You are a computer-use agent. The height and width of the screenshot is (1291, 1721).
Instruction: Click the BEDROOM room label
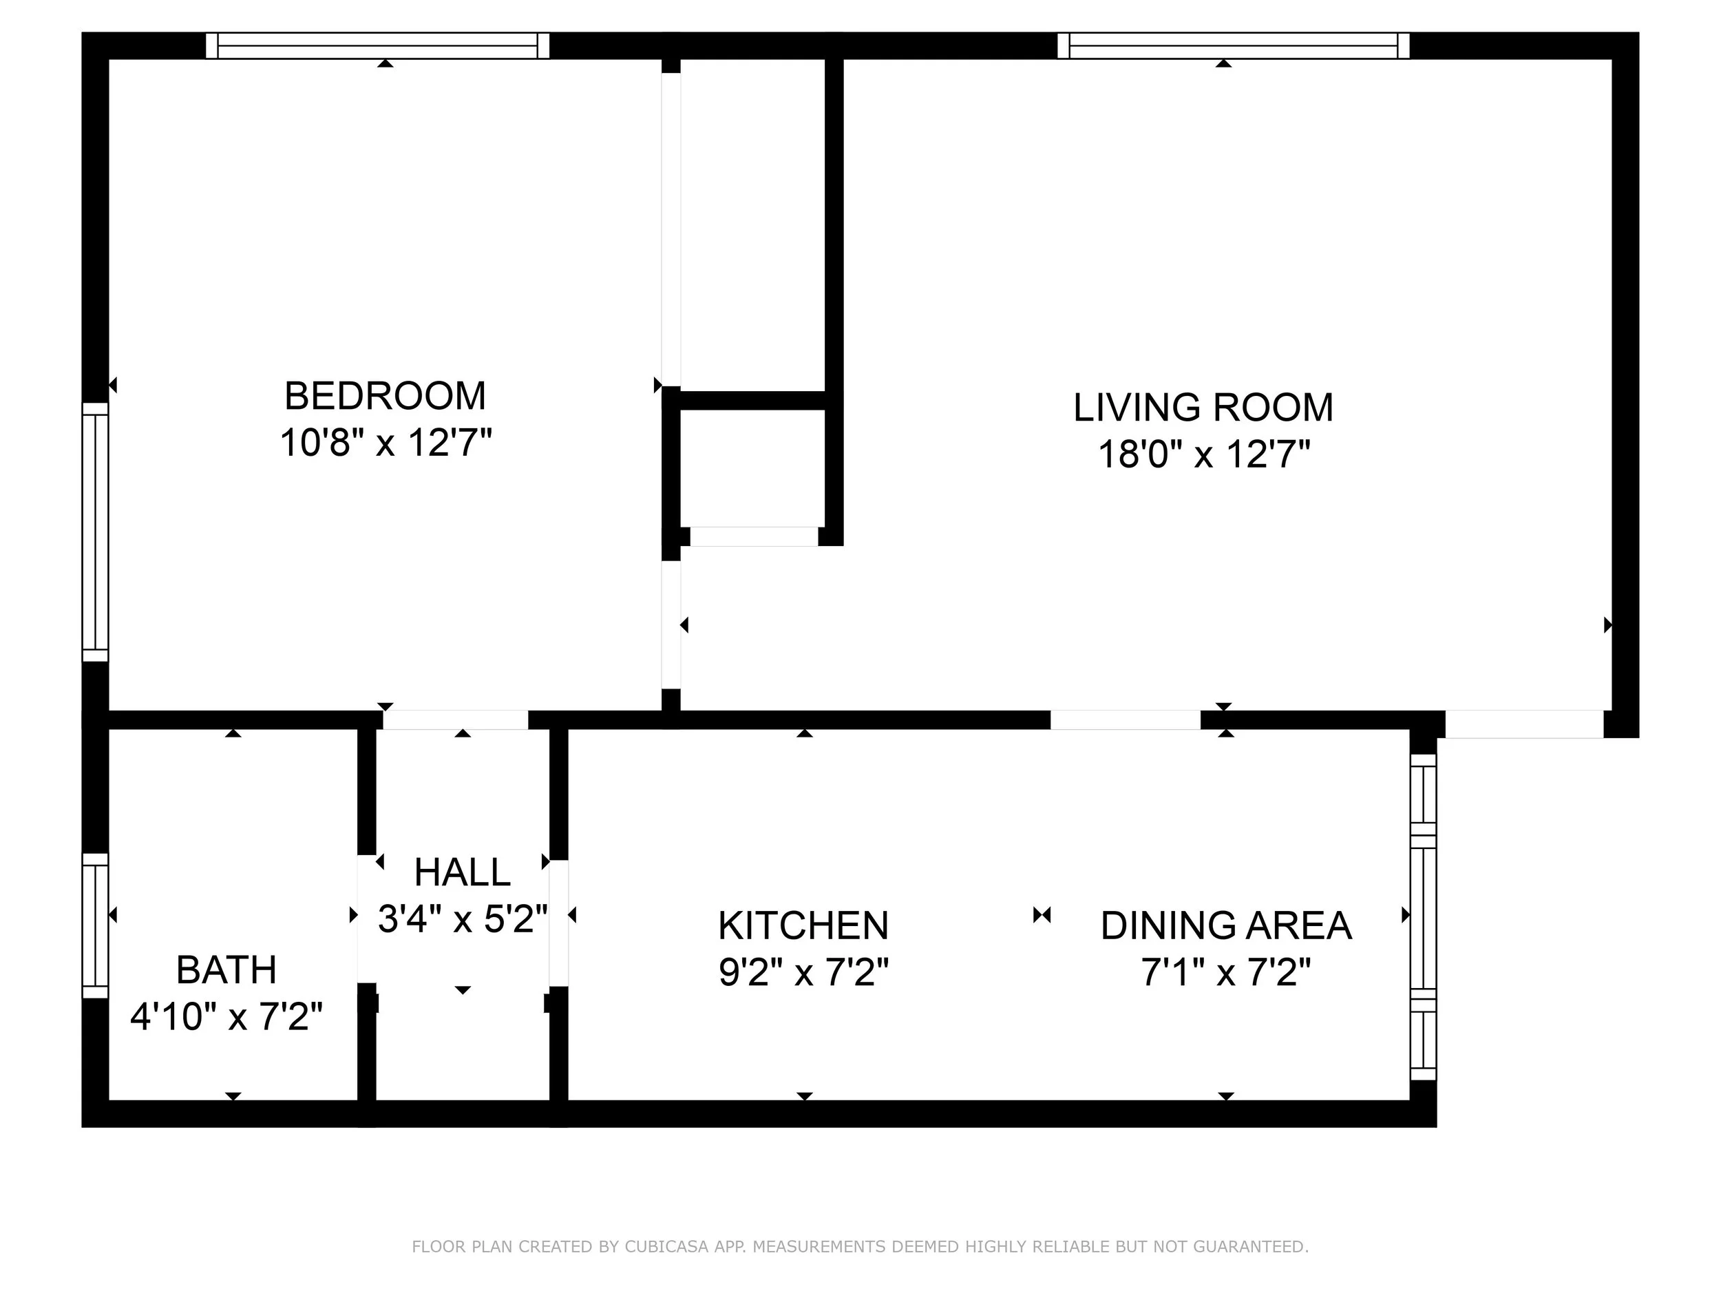pos(385,396)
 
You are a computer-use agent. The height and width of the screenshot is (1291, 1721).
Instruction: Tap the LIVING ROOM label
pos(1203,408)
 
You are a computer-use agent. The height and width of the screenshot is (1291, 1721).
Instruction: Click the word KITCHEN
pos(803,926)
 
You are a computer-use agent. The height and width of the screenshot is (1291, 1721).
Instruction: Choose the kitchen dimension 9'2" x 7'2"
pos(803,973)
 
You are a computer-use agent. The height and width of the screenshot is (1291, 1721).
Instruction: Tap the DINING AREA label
pos(1226,926)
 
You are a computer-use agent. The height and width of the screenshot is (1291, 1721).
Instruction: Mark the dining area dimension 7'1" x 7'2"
pos(1226,973)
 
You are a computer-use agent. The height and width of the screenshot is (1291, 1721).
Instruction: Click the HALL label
pos(462,872)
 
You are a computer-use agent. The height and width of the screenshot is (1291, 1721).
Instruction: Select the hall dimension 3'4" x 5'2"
pos(463,919)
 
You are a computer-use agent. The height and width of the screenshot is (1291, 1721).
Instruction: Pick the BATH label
pos(226,970)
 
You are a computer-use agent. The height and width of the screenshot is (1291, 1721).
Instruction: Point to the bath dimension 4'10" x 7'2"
pos(226,1017)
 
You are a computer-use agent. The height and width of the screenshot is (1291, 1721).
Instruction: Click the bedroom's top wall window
pos(377,46)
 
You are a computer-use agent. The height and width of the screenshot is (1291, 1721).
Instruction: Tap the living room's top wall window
pos(1233,46)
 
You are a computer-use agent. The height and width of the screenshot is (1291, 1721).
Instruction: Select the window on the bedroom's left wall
pos(96,532)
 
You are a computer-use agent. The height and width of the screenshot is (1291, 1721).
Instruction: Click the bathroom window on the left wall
pos(96,926)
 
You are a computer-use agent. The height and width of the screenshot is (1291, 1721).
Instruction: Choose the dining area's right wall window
pos(1423,916)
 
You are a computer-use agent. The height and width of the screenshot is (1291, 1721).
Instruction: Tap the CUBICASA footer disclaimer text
pos(860,1247)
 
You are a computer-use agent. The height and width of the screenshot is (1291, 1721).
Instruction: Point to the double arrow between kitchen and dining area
pos(1042,915)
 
